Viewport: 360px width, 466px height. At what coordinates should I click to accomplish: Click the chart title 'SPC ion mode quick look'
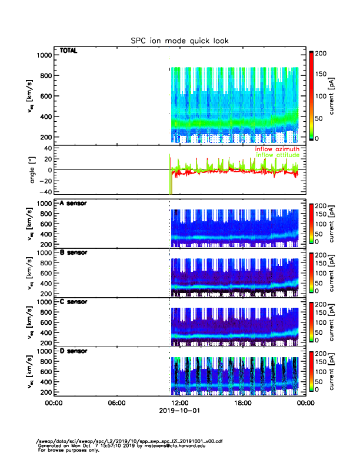pos(179,41)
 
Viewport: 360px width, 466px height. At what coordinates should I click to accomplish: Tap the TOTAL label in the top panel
pos(68,51)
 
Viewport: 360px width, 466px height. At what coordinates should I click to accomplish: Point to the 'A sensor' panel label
pos(74,204)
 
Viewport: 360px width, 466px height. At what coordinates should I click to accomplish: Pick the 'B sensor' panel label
pos(74,252)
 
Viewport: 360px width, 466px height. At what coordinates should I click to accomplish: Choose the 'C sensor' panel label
pos(74,301)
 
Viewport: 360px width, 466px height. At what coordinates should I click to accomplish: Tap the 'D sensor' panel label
pos(74,351)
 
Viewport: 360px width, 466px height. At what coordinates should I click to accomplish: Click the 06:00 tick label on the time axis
pos(117,403)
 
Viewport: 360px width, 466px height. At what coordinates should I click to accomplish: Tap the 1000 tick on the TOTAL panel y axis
pos(44,55)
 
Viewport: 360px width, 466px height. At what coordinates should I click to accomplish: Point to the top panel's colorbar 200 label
pos(322,53)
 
